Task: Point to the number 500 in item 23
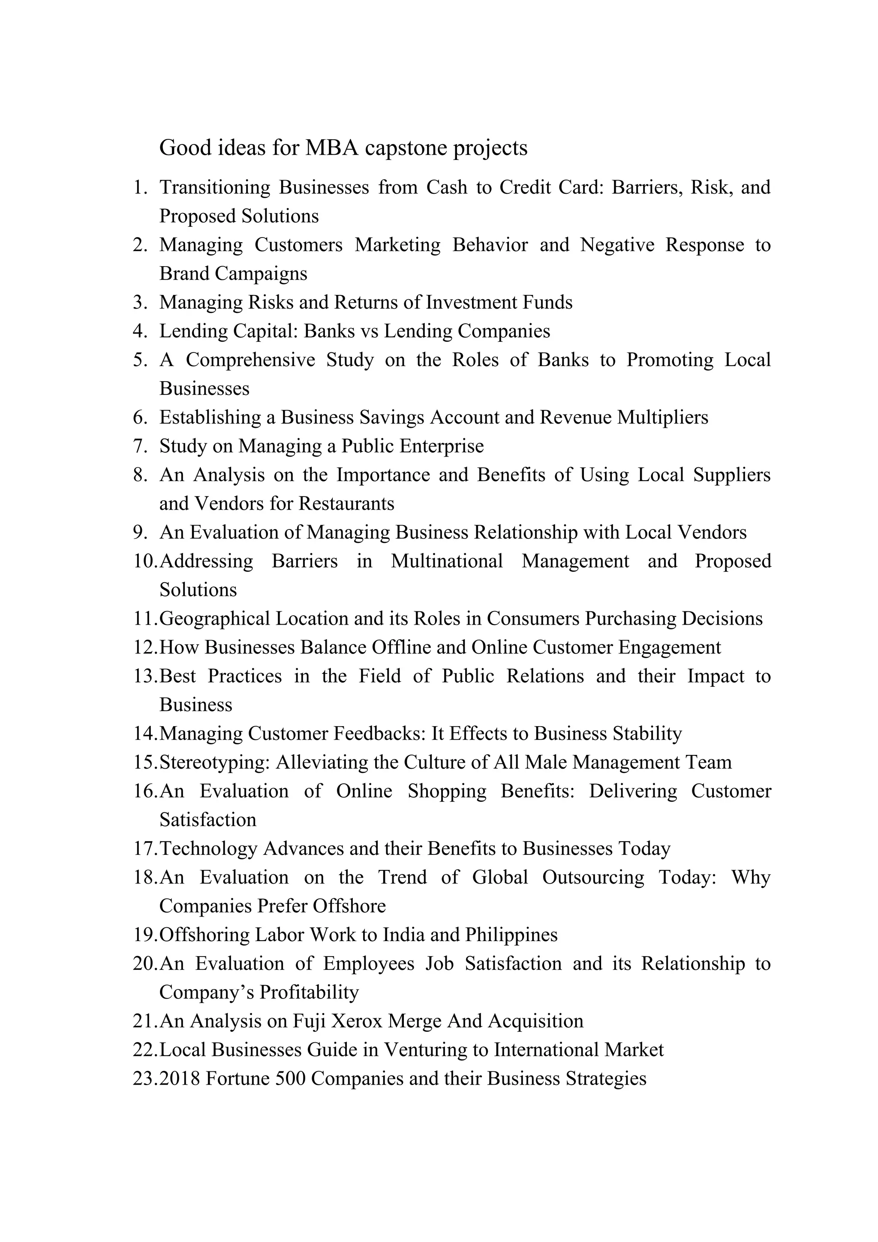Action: pyautogui.click(x=291, y=1078)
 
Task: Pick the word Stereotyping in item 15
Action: pyautogui.click(x=215, y=763)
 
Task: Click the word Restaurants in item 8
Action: pyautogui.click(x=346, y=504)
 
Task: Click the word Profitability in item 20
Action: pyautogui.click(x=309, y=992)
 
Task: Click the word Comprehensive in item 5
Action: pyautogui.click(x=250, y=360)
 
